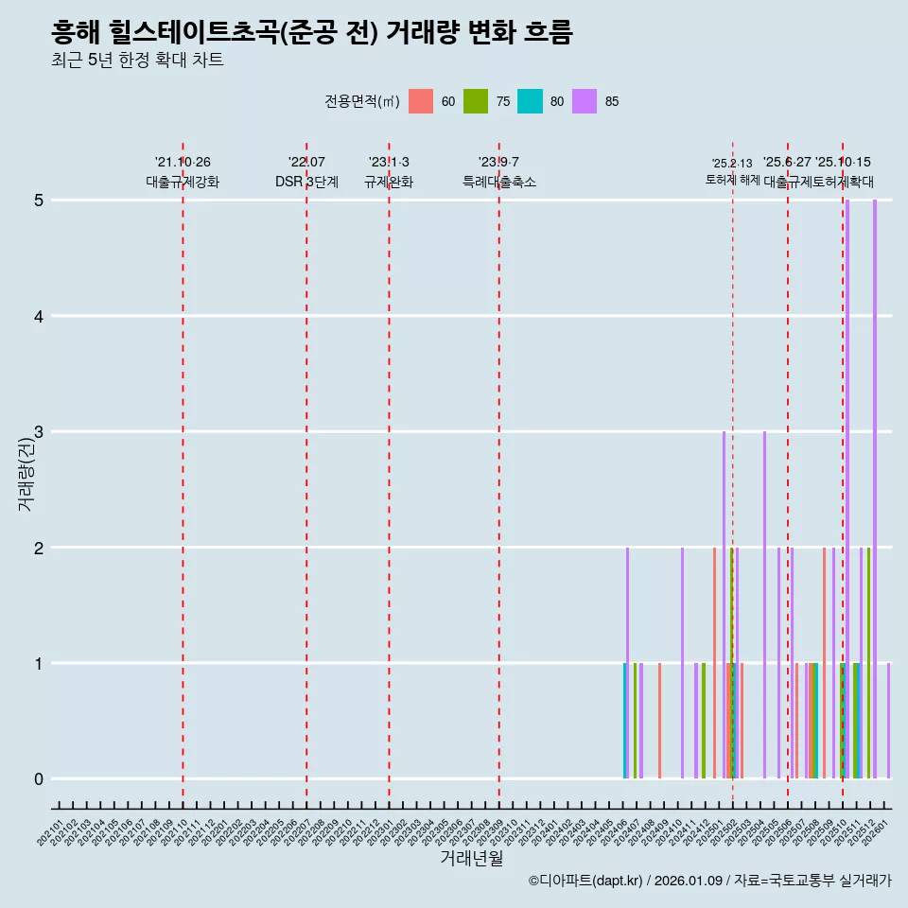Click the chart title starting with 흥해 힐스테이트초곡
click(312, 33)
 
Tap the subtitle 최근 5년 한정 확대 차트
click(137, 61)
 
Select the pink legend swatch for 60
click(421, 101)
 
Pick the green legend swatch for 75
click(476, 101)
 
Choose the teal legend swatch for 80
click(531, 101)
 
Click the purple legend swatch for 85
click(585, 101)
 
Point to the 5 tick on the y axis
click(39, 201)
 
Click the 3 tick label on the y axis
click(39, 432)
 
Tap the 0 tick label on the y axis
click(39, 779)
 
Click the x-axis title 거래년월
click(471, 858)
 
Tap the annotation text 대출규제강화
click(183, 182)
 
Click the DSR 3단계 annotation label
click(306, 182)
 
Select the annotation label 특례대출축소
click(498, 182)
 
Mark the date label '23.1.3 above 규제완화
click(389, 163)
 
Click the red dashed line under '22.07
click(306, 473)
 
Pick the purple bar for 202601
click(888, 721)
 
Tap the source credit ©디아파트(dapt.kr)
click(586, 881)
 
